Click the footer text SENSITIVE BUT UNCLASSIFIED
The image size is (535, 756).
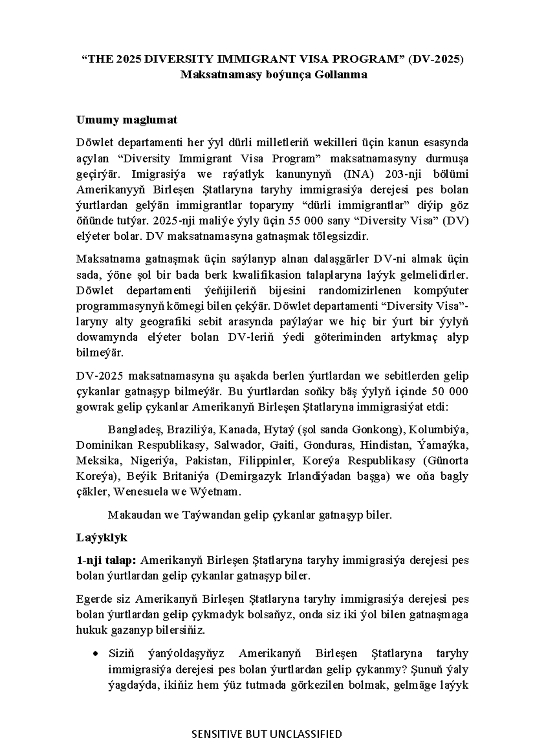pyautogui.click(x=267, y=734)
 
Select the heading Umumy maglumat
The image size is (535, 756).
pyautogui.click(x=127, y=119)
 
